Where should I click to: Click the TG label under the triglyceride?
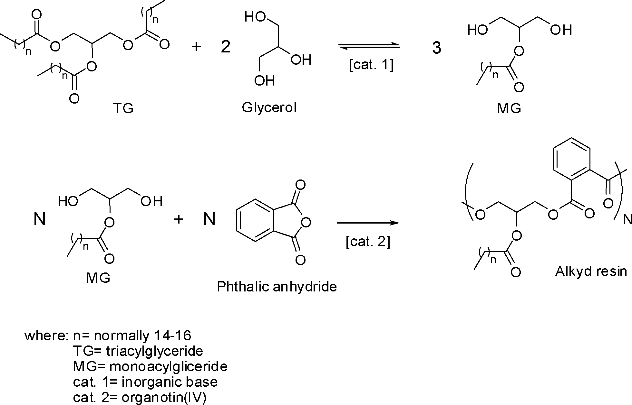[x=123, y=108]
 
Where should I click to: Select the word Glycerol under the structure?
[x=269, y=107]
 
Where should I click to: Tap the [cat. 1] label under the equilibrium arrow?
[x=371, y=65]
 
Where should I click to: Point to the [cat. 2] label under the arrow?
[x=368, y=242]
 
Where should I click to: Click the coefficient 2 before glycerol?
[x=226, y=47]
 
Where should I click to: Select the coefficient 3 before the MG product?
[x=436, y=48]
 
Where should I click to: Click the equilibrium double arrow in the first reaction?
[x=369, y=47]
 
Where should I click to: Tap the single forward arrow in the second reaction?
[x=368, y=223]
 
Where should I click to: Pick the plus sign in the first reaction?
[x=196, y=47]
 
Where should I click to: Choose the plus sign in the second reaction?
[x=179, y=219]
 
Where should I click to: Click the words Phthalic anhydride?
[x=277, y=286]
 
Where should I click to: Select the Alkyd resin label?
[x=591, y=272]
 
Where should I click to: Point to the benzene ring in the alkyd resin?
[x=571, y=159]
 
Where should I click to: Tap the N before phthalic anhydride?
[x=209, y=220]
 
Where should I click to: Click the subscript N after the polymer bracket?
[x=627, y=220]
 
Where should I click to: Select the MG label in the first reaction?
[x=509, y=108]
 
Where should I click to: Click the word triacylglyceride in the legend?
[x=154, y=351]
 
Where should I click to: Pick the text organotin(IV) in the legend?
[x=164, y=398]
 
